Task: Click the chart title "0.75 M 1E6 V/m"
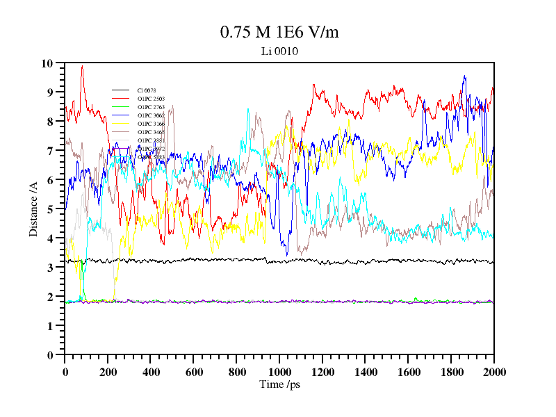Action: click(279, 33)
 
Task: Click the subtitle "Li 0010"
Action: click(279, 51)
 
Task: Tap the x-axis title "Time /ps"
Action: click(279, 384)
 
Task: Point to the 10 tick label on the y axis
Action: click(47, 63)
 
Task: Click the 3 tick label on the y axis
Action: click(50, 268)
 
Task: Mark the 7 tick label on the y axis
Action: click(50, 151)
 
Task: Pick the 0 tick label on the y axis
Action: click(50, 355)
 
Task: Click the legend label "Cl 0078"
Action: click(147, 90)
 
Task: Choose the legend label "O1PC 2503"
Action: click(151, 99)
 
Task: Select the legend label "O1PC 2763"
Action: click(151, 107)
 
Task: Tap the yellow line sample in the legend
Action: click(121, 124)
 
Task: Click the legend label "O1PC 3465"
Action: click(151, 132)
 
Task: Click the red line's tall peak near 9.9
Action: click(82, 66)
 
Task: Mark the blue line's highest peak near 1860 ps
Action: click(464, 76)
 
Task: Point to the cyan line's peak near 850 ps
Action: click(248, 109)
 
